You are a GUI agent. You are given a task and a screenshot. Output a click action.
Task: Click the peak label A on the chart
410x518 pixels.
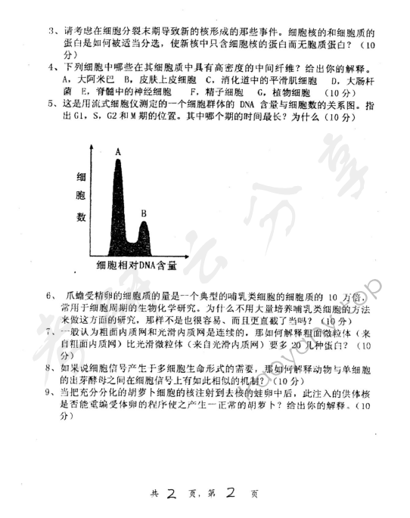point(119,151)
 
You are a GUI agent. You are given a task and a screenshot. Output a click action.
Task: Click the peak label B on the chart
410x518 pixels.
point(142,214)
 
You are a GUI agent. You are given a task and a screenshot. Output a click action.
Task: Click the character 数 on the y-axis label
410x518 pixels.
point(81,218)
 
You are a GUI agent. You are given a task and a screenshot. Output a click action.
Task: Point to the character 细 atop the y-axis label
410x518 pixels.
point(81,178)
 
